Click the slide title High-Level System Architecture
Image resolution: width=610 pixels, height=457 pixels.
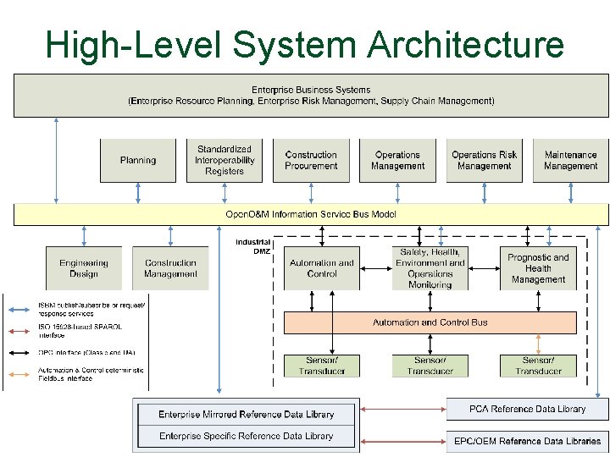pyautogui.click(x=305, y=44)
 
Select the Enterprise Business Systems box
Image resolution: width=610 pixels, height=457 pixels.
pyautogui.click(x=311, y=95)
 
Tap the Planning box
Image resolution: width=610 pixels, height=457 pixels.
pyautogui.click(x=138, y=160)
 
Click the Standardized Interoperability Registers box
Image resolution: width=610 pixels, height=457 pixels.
pyautogui.click(x=225, y=160)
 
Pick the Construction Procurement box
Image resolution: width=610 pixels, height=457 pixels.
pyautogui.click(x=311, y=160)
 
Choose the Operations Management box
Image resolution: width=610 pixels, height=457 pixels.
pyautogui.click(x=397, y=160)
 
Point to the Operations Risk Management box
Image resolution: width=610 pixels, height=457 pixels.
pyautogui.click(x=484, y=160)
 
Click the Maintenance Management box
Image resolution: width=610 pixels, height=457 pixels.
pyautogui.click(x=570, y=160)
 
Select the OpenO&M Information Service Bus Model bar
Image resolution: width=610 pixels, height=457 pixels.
pyautogui.click(x=311, y=214)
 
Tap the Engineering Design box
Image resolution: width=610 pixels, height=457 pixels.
pyautogui.click(x=84, y=268)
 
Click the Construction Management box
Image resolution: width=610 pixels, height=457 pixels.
pyautogui.click(x=170, y=268)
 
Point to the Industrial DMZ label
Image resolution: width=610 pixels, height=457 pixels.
pyautogui.click(x=253, y=246)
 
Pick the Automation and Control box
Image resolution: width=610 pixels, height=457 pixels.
pyautogui.click(x=322, y=268)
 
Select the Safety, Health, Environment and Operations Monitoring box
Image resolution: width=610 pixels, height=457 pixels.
pyautogui.click(x=430, y=268)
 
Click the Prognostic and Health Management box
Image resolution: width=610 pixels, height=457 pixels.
pyautogui.click(x=538, y=268)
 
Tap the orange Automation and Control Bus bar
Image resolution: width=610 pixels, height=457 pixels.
pyautogui.click(x=430, y=322)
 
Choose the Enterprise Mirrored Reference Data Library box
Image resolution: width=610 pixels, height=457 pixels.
pyautogui.click(x=247, y=414)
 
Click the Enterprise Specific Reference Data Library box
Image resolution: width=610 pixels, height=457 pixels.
pyautogui.click(x=247, y=437)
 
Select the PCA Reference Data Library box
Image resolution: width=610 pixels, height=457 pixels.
pyautogui.click(x=527, y=409)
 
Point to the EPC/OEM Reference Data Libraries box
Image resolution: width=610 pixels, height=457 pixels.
pyautogui.click(x=527, y=441)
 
